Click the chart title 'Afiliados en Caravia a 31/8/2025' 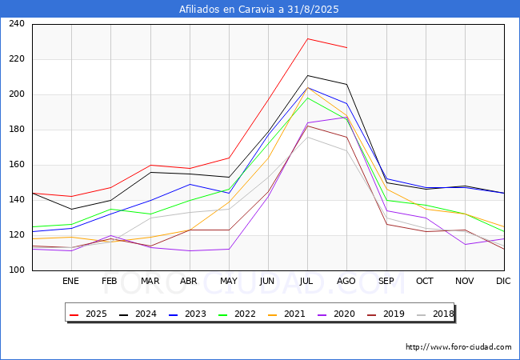click(259, 10)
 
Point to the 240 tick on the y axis click(16, 24)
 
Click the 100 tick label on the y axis click(16, 270)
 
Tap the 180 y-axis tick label click(16, 130)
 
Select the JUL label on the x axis click(307, 281)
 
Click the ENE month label click(71, 281)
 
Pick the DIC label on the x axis click(503, 281)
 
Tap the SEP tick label click(386, 281)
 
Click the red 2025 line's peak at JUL click(307, 38)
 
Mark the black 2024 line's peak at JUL click(307, 75)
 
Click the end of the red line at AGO click(346, 47)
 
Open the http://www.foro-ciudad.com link click(458, 347)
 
